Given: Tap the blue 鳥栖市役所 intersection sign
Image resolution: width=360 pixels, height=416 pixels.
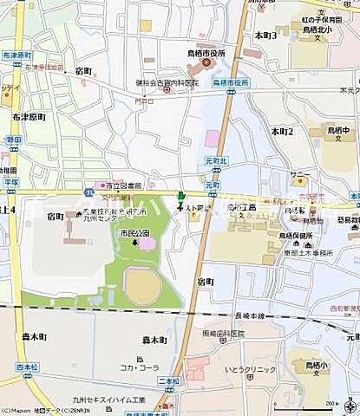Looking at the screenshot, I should (231, 83).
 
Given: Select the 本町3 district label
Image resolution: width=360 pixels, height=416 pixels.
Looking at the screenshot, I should (265, 36).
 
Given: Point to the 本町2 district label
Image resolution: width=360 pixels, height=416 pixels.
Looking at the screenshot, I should (282, 131).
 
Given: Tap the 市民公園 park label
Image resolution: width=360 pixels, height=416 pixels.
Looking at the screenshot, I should (135, 233).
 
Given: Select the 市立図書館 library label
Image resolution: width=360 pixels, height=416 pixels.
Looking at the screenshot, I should (123, 184).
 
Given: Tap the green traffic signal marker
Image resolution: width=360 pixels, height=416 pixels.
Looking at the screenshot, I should (180, 197).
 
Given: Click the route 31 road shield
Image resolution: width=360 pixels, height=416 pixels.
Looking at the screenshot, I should (89, 191).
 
